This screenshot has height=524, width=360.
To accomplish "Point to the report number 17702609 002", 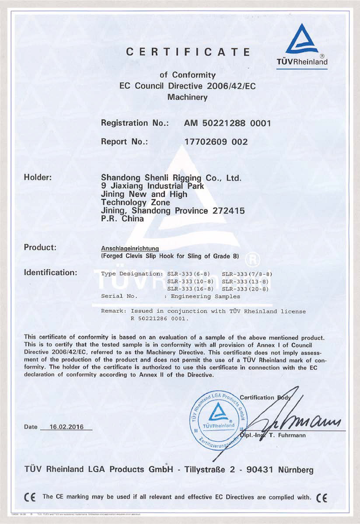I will tap(217, 142).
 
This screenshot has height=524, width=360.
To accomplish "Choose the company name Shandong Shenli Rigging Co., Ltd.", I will tap(171, 178).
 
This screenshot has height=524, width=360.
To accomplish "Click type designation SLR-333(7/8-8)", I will tap(248, 273).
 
